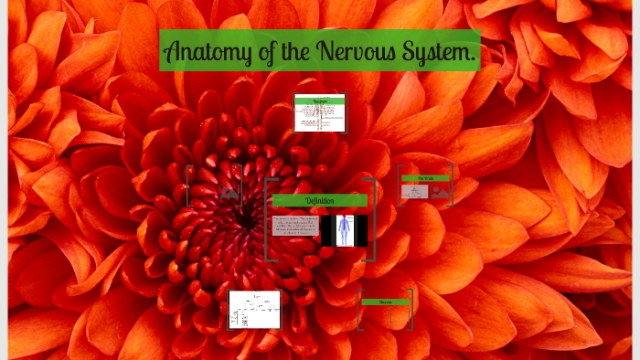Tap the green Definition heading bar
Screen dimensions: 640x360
coord(320,200)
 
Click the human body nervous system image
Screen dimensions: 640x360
coord(345,230)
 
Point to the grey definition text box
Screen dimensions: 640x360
coord(295,226)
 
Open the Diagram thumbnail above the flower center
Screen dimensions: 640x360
coord(320,113)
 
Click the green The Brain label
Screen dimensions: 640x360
coord(426,178)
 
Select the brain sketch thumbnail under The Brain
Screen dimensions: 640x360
coord(415,192)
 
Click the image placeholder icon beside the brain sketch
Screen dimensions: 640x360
coord(441,192)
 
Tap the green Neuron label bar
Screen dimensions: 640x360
coord(385,302)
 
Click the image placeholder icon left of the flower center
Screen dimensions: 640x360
coord(228,190)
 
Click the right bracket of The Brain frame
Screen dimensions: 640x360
coord(452,185)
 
